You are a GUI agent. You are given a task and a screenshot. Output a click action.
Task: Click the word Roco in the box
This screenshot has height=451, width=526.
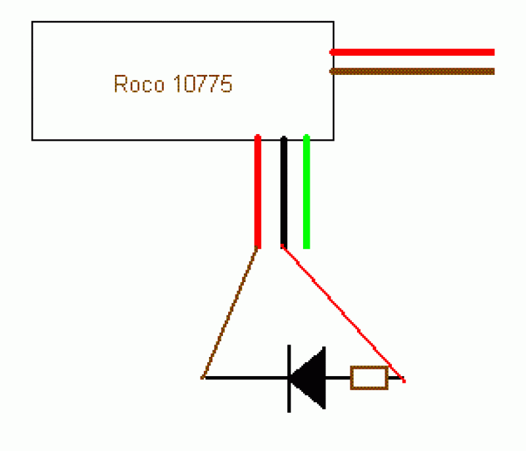coord(139,83)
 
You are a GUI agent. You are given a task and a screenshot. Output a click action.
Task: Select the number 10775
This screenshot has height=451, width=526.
coord(203,83)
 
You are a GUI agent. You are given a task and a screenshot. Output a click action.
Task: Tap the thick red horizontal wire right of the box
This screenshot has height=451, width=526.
coord(412,53)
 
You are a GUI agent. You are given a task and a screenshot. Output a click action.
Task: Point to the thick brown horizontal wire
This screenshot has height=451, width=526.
coord(412,72)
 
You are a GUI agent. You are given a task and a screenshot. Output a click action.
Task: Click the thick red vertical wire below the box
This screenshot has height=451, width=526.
coord(258,191)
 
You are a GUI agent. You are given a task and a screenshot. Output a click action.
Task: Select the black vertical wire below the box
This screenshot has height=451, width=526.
coord(284,192)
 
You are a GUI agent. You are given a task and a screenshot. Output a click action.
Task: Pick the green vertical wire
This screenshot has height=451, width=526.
coord(306,191)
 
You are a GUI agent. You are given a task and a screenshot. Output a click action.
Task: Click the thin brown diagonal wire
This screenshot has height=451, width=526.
coord(229,313)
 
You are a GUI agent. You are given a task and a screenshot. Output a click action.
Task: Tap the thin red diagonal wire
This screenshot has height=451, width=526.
coord(343,313)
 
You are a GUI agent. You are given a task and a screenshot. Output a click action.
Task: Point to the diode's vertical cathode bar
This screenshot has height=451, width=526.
coord(289,379)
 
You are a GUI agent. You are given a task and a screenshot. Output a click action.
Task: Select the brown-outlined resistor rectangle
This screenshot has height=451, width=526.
coord(370,378)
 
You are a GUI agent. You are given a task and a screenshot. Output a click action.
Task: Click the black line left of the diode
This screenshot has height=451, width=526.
coord(245,378)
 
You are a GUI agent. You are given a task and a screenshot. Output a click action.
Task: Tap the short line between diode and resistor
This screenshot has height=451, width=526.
coord(338,378)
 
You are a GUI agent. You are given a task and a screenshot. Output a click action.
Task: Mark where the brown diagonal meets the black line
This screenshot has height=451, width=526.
coord(203,378)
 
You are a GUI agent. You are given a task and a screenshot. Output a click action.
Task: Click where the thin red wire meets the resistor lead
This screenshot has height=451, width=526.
coord(404,380)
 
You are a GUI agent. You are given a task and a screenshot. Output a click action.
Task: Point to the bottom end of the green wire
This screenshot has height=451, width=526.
coord(306,249)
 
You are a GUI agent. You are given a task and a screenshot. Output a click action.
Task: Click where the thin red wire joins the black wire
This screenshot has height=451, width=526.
coord(283,247)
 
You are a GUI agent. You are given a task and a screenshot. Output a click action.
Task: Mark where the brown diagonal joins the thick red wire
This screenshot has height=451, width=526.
coord(257,248)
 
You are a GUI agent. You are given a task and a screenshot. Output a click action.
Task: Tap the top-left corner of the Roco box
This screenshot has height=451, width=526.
coord(32,22)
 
